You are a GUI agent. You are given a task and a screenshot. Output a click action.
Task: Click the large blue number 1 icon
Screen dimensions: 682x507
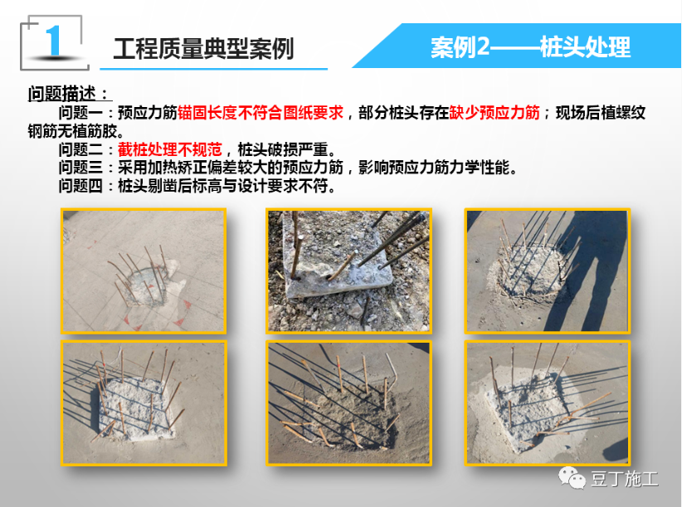click(53, 41)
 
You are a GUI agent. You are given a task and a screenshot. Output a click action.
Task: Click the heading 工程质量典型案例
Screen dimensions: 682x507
click(203, 48)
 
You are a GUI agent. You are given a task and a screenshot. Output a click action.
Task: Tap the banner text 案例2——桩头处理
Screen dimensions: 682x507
click(530, 46)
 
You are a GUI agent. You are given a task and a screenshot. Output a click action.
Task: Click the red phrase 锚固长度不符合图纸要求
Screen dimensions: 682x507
click(260, 113)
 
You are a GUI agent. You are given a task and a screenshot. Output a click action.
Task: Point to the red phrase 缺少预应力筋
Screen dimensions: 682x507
click(494, 113)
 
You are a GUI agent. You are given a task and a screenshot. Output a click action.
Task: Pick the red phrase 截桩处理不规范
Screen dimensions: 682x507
click(170, 149)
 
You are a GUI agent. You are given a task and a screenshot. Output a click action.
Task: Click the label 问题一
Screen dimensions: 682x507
click(81, 113)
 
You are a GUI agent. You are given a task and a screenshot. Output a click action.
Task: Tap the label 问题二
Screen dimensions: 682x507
click(81, 149)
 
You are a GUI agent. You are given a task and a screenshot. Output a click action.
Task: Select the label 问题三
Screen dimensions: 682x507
click(81, 168)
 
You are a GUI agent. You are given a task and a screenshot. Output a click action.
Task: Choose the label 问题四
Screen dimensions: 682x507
click(81, 186)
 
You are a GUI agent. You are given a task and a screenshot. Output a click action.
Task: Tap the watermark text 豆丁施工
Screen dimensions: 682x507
click(624, 479)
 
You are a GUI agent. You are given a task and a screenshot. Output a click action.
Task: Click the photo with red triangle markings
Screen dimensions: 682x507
click(144, 271)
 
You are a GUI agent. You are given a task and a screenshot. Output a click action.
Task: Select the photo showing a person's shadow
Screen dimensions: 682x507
click(547, 271)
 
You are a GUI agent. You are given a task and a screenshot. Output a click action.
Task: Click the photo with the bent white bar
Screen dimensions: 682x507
click(348, 403)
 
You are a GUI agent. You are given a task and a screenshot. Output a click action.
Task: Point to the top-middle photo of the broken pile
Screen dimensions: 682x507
click(348, 271)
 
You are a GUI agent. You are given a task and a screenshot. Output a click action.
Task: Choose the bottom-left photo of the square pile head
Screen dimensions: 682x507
click(144, 403)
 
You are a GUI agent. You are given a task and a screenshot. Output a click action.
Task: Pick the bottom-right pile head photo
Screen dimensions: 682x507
click(547, 403)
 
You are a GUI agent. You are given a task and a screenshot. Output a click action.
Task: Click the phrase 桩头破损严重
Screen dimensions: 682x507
click(282, 149)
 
